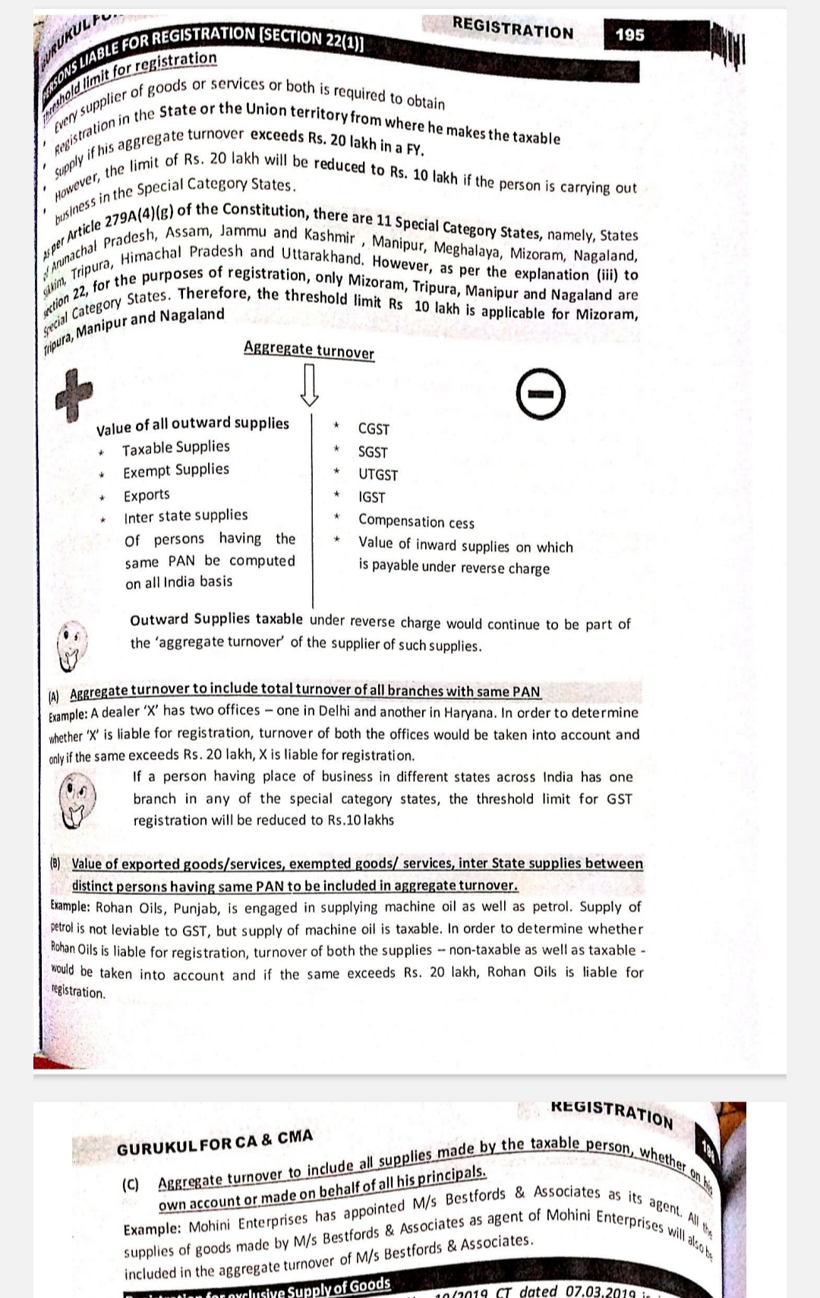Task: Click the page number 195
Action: pyautogui.click(x=630, y=35)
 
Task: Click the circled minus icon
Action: pyautogui.click(x=541, y=395)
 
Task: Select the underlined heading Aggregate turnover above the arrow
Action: pyautogui.click(x=308, y=350)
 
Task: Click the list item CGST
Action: pyautogui.click(x=374, y=429)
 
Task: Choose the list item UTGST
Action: pyautogui.click(x=378, y=475)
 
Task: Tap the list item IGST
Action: pyautogui.click(x=372, y=498)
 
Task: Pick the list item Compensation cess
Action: pyautogui.click(x=416, y=522)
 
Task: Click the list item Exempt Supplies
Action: pyautogui.click(x=176, y=471)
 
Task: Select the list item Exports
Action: pyautogui.click(x=147, y=495)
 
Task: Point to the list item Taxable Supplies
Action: pyautogui.click(x=176, y=448)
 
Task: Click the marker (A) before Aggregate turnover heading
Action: pyautogui.click(x=53, y=695)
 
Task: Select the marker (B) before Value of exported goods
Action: pyautogui.click(x=55, y=863)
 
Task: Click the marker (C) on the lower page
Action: pyautogui.click(x=131, y=1185)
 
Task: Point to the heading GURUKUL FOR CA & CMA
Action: pyautogui.click(x=214, y=1142)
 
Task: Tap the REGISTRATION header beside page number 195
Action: pyautogui.click(x=512, y=29)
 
